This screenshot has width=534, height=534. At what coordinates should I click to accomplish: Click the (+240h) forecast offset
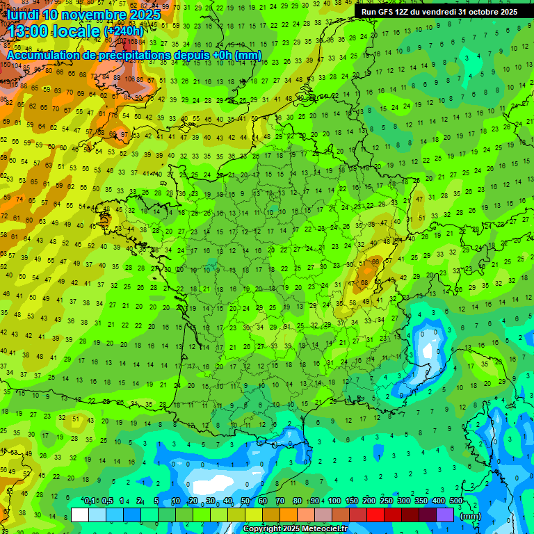pyautogui.click(x=124, y=31)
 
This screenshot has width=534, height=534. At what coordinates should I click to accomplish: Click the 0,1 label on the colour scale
pyautogui.click(x=90, y=501)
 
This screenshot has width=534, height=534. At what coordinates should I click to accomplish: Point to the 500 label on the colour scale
pyautogui.click(x=456, y=501)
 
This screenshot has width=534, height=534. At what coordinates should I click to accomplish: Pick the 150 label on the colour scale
pyautogui.click(x=352, y=501)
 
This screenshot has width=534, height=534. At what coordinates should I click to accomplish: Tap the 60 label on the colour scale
pyautogui.click(x=263, y=501)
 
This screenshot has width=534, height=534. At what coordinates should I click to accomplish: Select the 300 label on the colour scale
pyautogui.click(x=404, y=501)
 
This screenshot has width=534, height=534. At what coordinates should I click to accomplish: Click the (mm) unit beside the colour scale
pyautogui.click(x=471, y=516)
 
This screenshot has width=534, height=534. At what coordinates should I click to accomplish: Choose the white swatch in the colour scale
pyautogui.click(x=80, y=515)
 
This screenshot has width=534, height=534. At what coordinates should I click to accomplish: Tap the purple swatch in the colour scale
pyautogui.click(x=445, y=515)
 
